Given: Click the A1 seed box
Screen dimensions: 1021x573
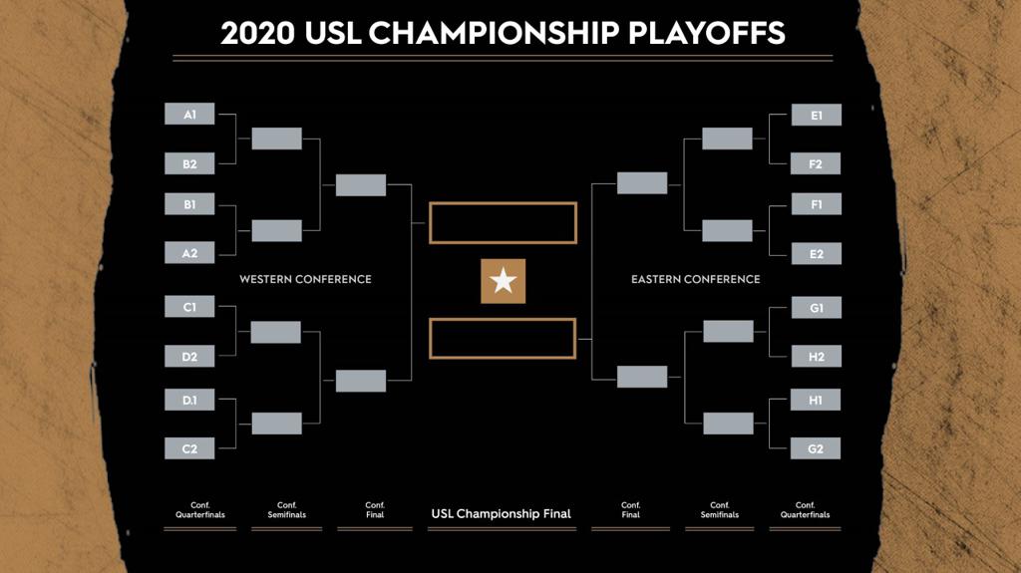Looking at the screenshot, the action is pyautogui.click(x=189, y=114).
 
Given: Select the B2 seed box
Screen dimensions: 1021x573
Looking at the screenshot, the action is pyautogui.click(x=189, y=163).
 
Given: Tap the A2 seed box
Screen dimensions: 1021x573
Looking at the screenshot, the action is pyautogui.click(x=189, y=253).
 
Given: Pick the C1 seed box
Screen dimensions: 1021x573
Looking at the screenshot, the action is pyautogui.click(x=189, y=307).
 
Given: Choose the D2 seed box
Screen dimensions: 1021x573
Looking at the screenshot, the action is pyautogui.click(x=189, y=356).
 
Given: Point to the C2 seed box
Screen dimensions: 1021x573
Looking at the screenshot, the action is pyautogui.click(x=189, y=448).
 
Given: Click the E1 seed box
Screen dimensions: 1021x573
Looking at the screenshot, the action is pyautogui.click(x=817, y=115).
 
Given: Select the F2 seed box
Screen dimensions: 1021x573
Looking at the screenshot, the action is pyautogui.click(x=816, y=163).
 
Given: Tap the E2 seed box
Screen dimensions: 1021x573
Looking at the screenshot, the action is pyautogui.click(x=817, y=254).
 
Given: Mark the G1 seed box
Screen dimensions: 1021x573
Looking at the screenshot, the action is pyautogui.click(x=817, y=307).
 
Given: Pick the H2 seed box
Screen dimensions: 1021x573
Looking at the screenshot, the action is pyautogui.click(x=817, y=356).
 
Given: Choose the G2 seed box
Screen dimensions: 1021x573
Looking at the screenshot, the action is pyautogui.click(x=816, y=448).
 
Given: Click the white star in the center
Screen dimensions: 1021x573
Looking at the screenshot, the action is pyautogui.click(x=504, y=281).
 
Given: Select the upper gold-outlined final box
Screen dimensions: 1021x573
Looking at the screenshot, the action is pyautogui.click(x=503, y=204).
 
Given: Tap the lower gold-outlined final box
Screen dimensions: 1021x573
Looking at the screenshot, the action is pyautogui.click(x=503, y=320).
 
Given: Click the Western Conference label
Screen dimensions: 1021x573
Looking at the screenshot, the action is pyautogui.click(x=305, y=279).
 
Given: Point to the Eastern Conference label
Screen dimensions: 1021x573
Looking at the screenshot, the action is pyautogui.click(x=695, y=279).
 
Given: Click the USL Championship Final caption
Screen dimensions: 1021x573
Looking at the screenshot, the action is pyautogui.click(x=502, y=514).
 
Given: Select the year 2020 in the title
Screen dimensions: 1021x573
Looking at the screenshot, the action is pyautogui.click(x=258, y=33).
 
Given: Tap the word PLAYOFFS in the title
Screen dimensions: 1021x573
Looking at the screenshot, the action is pyautogui.click(x=707, y=33).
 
